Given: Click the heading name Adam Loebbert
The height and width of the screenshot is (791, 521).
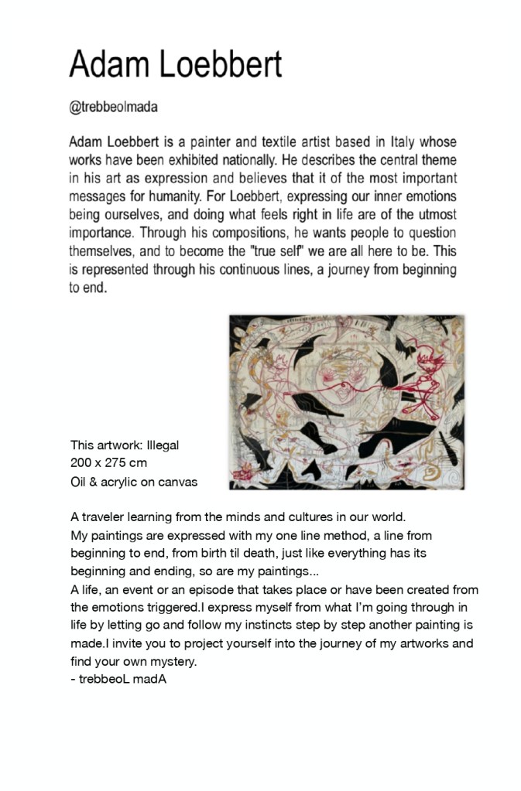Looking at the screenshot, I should coord(176,64).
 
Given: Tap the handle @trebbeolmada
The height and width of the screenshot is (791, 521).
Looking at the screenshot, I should coord(113,107).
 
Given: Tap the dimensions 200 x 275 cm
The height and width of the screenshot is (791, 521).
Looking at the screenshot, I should coord(108,464).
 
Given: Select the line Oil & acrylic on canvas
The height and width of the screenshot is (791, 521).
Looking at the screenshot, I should coord(134,482).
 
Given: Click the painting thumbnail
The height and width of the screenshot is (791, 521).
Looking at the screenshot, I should coord(346,402).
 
